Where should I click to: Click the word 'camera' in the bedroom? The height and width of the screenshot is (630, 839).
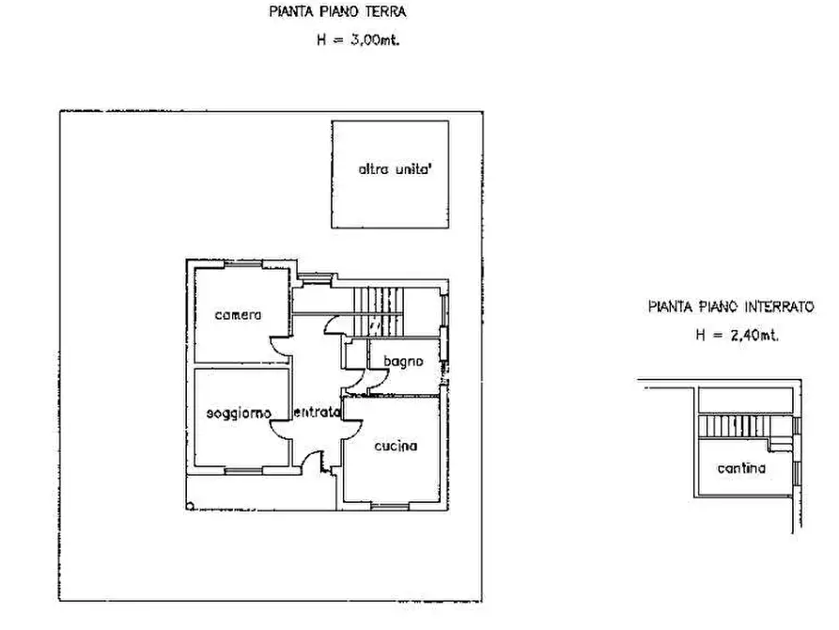238,314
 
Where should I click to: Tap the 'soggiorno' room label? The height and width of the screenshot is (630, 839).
240,413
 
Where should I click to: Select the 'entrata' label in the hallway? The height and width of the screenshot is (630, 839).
316,413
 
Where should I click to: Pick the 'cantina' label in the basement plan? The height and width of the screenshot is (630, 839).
740,467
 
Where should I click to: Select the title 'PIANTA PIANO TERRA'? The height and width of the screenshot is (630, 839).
336,13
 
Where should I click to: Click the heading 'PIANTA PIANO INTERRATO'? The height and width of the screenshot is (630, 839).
730,306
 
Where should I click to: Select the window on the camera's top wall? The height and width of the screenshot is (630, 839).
239,266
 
